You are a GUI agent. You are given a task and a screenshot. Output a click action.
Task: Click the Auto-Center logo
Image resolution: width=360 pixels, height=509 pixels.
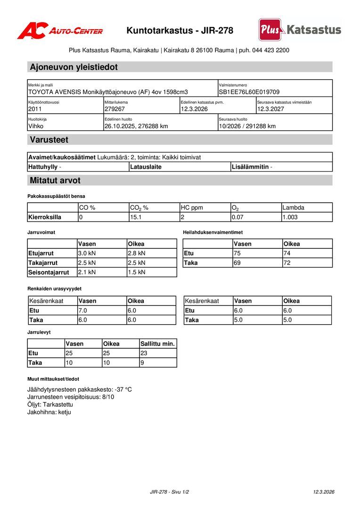click(x=60, y=31)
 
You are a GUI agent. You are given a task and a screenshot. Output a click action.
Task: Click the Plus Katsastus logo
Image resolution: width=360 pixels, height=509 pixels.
click(x=300, y=30)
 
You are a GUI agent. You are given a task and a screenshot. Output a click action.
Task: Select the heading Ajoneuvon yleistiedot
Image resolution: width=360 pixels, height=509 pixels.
click(x=74, y=67)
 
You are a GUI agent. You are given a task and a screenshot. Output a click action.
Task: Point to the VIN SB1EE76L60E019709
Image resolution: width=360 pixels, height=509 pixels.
click(x=249, y=92)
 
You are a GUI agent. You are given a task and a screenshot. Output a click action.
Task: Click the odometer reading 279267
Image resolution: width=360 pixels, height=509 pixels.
click(x=115, y=109)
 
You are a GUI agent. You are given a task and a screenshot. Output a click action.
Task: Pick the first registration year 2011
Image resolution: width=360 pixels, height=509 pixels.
click(x=35, y=109)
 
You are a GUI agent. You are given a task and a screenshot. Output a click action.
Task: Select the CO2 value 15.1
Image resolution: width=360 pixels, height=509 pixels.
click(x=135, y=217)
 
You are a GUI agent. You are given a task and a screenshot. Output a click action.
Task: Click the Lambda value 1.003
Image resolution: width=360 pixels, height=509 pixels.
click(x=290, y=217)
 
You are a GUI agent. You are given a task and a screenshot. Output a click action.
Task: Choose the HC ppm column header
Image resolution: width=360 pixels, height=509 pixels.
click(x=192, y=207)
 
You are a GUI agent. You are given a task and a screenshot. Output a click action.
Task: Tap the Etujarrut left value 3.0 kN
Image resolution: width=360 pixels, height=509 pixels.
click(x=87, y=254)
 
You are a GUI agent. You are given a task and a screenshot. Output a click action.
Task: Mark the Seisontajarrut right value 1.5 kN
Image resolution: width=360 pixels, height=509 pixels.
click(x=137, y=272)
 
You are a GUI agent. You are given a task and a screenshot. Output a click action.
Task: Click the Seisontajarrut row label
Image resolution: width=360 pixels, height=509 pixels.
click(x=49, y=272)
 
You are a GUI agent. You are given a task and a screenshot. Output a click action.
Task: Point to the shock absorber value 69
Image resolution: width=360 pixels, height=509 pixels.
click(x=237, y=263)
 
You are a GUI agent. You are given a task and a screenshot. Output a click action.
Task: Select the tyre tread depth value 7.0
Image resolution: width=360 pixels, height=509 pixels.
click(x=83, y=311)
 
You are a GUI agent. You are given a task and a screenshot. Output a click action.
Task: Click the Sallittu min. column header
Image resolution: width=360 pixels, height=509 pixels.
click(x=157, y=344)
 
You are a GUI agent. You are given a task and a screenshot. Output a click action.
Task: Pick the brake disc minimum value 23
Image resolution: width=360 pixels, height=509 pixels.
click(x=144, y=353)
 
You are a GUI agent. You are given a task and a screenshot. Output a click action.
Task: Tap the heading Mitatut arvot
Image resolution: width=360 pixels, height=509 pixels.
click(x=55, y=181)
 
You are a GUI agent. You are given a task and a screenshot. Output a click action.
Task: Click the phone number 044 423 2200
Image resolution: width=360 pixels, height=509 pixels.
click(x=270, y=50)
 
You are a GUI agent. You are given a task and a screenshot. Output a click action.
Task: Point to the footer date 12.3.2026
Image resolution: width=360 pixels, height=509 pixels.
click(x=324, y=492)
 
